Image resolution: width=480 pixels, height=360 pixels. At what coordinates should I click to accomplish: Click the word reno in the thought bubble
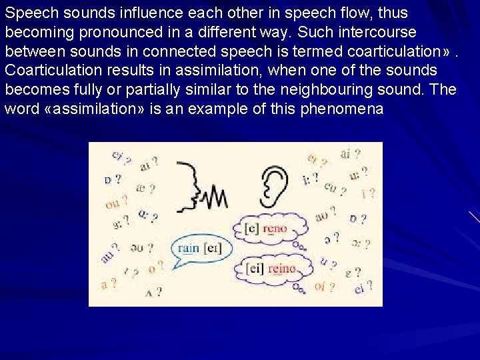coord(275,229)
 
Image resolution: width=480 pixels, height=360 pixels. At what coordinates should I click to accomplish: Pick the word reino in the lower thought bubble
coord(281,269)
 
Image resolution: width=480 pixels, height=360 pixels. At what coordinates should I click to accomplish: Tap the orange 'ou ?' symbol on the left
coord(116,202)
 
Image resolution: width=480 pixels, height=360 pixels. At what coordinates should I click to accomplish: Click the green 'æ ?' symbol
coord(145,189)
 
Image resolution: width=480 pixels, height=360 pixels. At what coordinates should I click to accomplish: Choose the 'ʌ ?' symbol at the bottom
coord(153,291)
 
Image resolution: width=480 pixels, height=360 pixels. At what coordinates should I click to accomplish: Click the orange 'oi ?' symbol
coord(324,287)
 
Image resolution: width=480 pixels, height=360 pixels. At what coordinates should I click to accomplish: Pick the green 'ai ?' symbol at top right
coord(350,154)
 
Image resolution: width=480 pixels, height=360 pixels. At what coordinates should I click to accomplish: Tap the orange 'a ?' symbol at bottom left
coord(108,284)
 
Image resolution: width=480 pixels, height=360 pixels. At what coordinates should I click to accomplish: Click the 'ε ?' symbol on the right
coord(353,272)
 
